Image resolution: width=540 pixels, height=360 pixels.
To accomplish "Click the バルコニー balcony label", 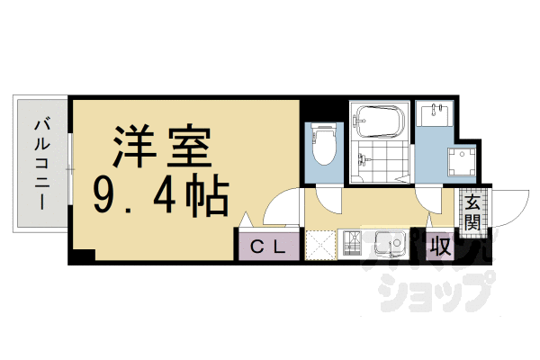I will [41, 164].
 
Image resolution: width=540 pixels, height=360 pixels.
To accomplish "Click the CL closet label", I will [267, 246].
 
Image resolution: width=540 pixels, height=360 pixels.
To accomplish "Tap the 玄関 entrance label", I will [472, 213].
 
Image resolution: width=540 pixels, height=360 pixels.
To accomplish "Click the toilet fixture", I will [323, 143].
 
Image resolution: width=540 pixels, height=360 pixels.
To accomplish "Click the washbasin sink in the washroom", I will [439, 115].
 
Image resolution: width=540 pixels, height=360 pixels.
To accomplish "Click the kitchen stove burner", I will [351, 243].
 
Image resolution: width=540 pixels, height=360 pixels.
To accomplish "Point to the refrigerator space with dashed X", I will [319, 245].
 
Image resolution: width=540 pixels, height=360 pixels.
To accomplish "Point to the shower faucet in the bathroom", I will [361, 162].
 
